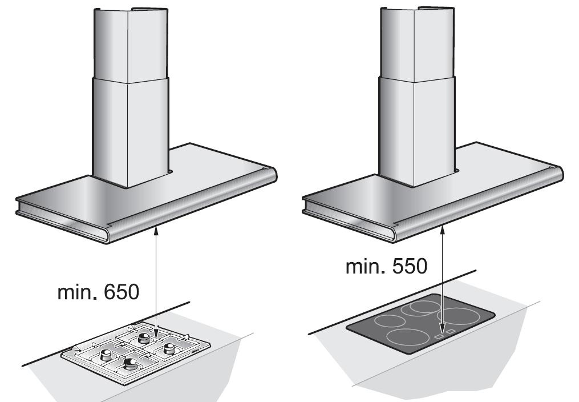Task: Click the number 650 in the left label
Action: (122, 292)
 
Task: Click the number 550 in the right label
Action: (410, 266)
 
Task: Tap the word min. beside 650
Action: (78, 292)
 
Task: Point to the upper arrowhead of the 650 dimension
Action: (156, 231)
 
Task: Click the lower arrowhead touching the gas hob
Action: (156, 333)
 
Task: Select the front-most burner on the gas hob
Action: (129, 364)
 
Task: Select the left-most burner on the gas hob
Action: (106, 355)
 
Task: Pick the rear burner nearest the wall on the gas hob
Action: (144, 338)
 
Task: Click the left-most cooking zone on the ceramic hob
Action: (390, 320)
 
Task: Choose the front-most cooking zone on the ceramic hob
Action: (408, 337)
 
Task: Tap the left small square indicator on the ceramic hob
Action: (439, 336)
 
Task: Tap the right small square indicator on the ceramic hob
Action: (450, 332)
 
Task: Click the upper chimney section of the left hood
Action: (131, 45)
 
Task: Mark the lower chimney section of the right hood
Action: (417, 131)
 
